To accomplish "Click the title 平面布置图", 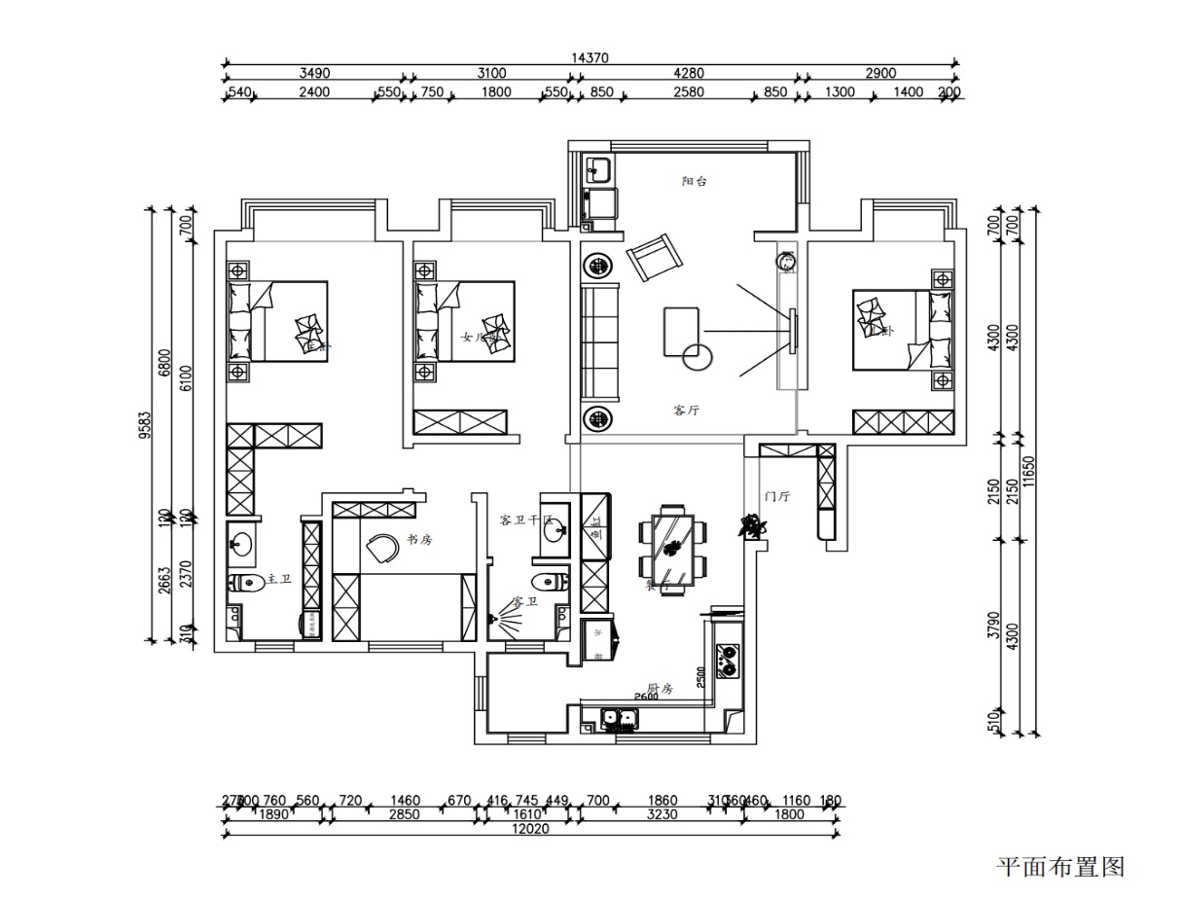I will (1060, 866).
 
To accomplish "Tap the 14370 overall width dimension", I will (591, 58).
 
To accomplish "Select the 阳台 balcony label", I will (694, 181).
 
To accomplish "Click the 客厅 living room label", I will (687, 411).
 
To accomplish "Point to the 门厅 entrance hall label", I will (777, 496).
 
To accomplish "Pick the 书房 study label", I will (419, 540).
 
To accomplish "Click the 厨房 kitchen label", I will (661, 687).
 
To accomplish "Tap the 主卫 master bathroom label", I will (279, 579).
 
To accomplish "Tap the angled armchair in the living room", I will (655, 256).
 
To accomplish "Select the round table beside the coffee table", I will (698, 358).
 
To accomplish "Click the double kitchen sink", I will (619, 721).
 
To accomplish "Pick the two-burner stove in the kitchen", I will (727, 662).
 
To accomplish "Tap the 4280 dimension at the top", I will (695, 73).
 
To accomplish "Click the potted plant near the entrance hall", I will (752, 526).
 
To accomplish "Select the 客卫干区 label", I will (525, 520).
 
